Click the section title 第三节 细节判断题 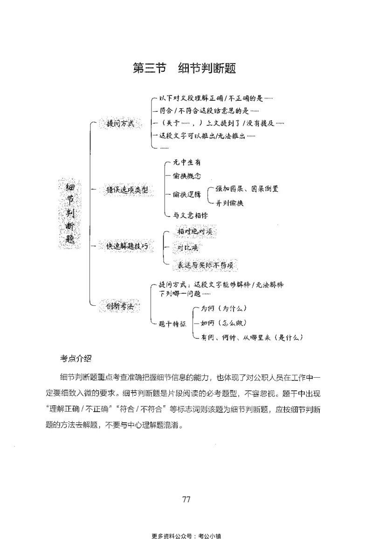(185, 68)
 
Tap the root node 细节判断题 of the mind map (71, 213)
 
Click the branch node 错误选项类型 (127, 190)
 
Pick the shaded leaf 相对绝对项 (196, 231)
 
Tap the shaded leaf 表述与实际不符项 (205, 264)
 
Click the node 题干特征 (173, 323)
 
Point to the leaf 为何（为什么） (223, 309)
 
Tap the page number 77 (186, 499)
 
